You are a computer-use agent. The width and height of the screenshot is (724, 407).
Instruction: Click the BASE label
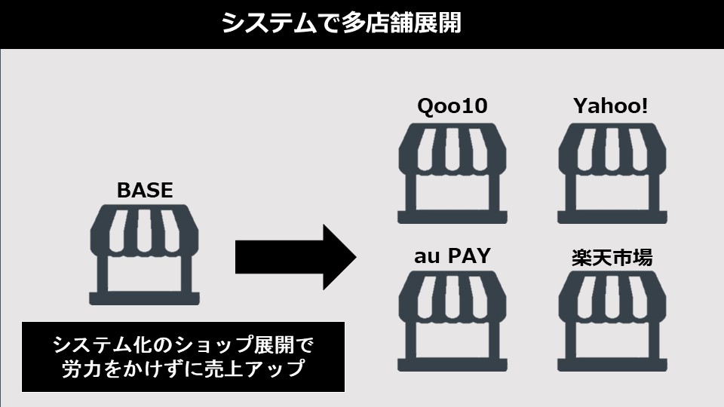[x=145, y=190]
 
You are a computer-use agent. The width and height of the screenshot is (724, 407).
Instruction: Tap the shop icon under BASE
[x=145, y=255]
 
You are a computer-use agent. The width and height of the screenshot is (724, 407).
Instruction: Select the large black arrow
[x=296, y=257]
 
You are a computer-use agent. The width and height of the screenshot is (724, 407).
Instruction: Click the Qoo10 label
[x=452, y=106]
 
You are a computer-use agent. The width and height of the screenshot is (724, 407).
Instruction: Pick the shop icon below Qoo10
[x=452, y=173]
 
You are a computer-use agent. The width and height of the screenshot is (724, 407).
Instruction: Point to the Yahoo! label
[x=610, y=106]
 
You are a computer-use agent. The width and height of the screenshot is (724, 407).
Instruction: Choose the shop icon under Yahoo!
[x=612, y=173]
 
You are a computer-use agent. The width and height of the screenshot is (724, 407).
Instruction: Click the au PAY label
[x=452, y=256]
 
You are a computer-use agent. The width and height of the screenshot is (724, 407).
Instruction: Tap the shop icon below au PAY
[x=452, y=321]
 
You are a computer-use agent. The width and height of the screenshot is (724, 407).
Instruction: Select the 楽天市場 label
[x=612, y=258]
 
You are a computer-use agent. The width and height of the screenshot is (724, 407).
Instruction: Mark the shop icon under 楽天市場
[x=612, y=321]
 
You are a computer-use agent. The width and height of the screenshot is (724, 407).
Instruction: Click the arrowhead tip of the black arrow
[x=357, y=257]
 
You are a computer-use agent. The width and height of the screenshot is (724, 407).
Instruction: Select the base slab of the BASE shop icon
[x=145, y=298]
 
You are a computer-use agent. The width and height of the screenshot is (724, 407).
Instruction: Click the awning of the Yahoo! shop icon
[x=612, y=148]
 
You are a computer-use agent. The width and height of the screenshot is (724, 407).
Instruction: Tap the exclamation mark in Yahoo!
[x=644, y=106]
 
